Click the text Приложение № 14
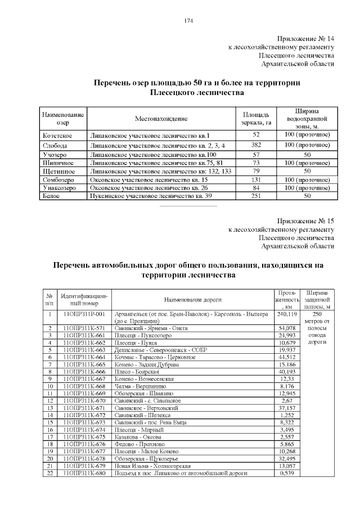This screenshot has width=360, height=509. click(x=307, y=39)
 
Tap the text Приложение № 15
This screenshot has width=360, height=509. click(x=307, y=220)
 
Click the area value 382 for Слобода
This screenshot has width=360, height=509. click(x=255, y=145)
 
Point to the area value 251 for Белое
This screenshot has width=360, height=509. click(x=255, y=196)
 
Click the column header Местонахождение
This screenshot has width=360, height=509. click(x=161, y=119)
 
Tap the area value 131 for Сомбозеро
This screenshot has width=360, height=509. click(x=255, y=179)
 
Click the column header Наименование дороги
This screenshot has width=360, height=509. click(x=192, y=300)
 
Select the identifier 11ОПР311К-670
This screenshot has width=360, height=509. click(x=84, y=400)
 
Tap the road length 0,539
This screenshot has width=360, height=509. click(x=287, y=474)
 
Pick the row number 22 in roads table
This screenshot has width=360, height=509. click(x=50, y=474)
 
